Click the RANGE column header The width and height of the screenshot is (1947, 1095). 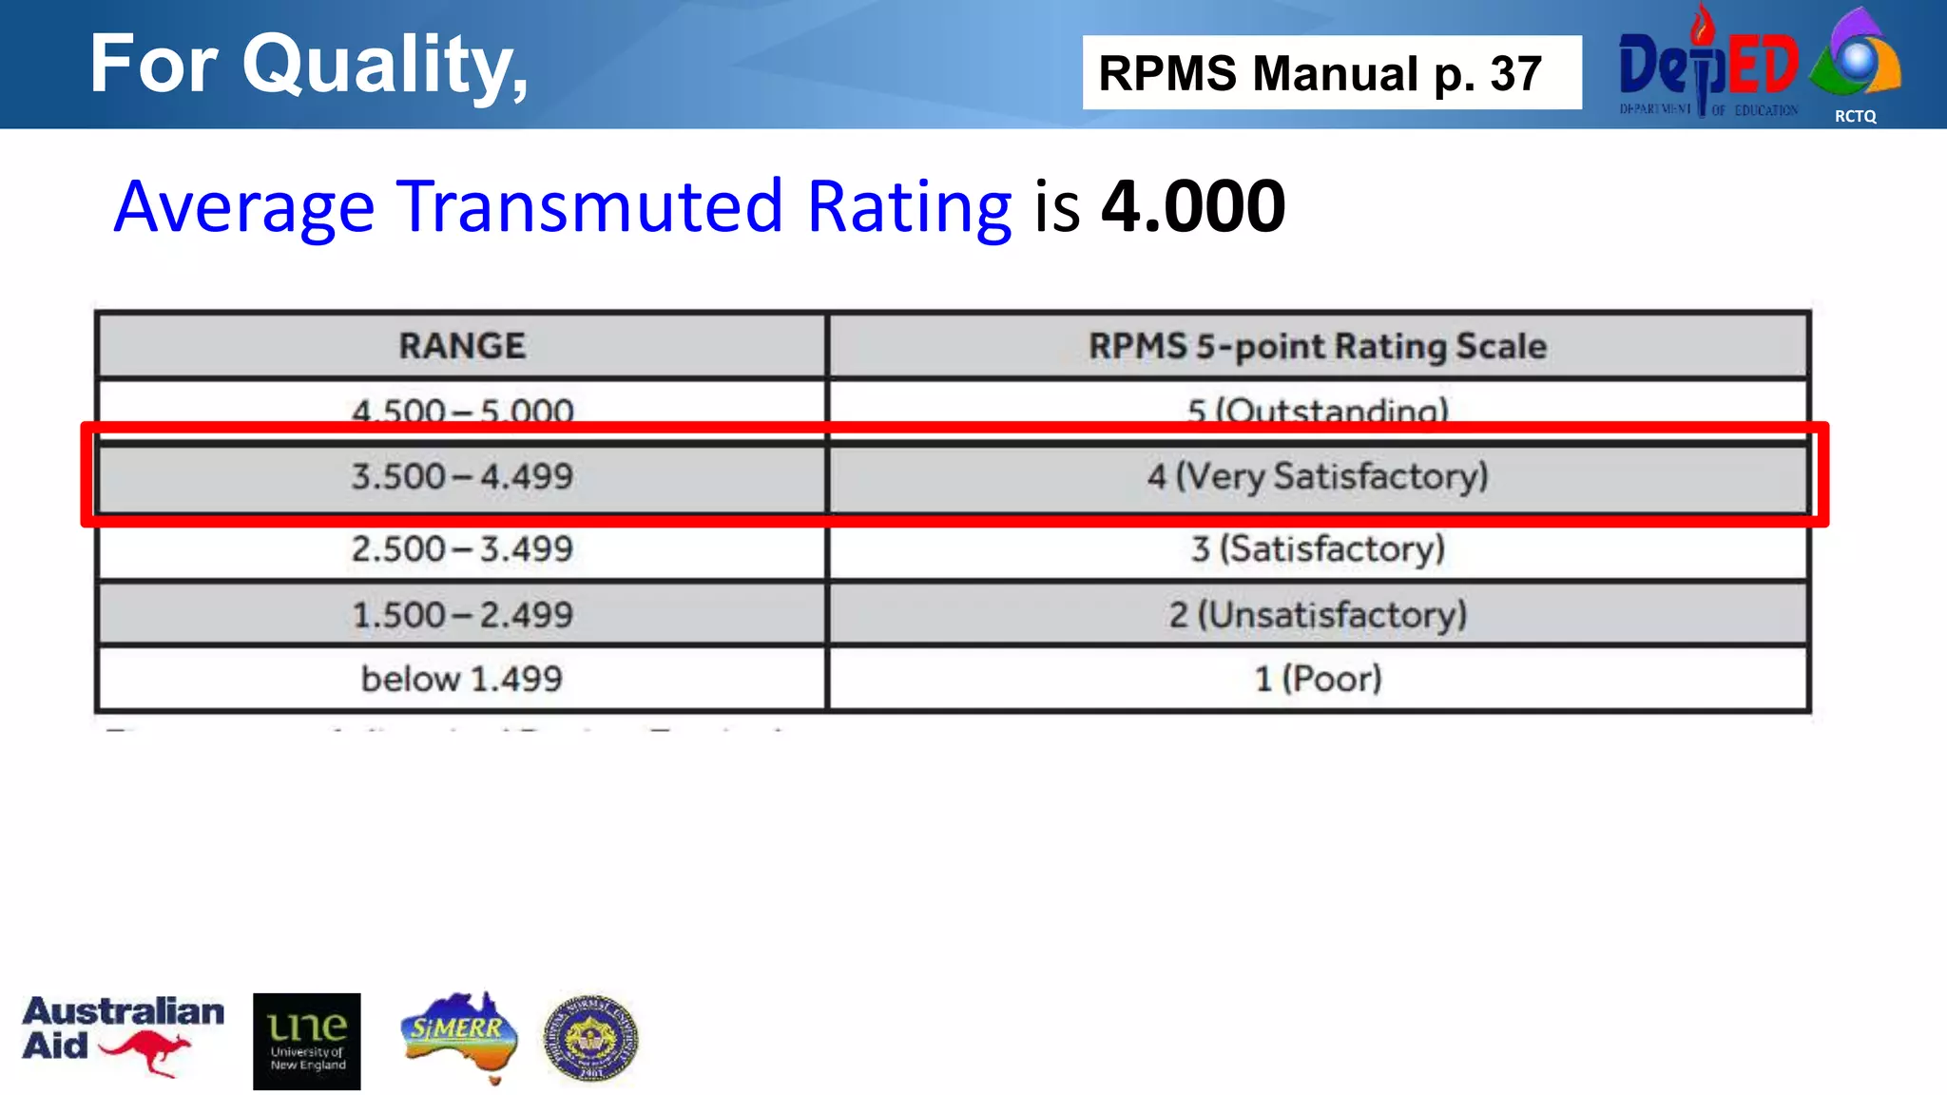pos(462,346)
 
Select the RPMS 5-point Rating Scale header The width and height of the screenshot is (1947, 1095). pos(1318,346)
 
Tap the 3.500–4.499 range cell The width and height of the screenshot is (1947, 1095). pos(462,476)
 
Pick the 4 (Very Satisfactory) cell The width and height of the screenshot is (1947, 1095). pos(1318,476)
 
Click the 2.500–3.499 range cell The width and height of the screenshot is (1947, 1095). pos(462,549)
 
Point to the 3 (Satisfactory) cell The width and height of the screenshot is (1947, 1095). pos(1318,549)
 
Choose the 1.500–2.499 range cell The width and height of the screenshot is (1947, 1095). pos(462,615)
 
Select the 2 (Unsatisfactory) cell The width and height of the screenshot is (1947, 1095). pos(1318,615)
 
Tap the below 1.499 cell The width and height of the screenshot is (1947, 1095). pos(462,679)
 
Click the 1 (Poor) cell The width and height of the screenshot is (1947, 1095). pos(1318,679)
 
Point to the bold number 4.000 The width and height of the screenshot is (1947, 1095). pos(1193,206)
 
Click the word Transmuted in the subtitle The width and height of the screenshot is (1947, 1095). pos(589,206)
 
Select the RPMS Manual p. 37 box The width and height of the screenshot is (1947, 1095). pos(1331,73)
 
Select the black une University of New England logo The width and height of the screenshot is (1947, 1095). pos(307,1041)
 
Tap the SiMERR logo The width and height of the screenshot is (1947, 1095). pos(459,1037)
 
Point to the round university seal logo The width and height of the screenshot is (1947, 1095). pos(590,1039)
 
